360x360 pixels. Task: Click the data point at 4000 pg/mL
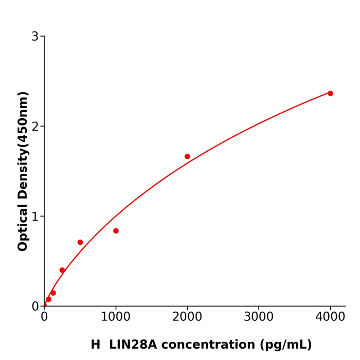(330, 94)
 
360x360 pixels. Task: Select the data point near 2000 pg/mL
(187, 156)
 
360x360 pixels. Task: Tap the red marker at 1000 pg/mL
(116, 231)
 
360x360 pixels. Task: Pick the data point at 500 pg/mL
(80, 242)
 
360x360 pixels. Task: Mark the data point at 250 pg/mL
(62, 270)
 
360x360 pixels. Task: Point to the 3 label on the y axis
(35, 37)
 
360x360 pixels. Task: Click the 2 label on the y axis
(35, 127)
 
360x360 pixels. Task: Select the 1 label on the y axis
(35, 217)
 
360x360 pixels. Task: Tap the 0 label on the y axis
(35, 307)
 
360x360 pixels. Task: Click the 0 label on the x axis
(44, 317)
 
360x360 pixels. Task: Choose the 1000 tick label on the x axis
(116, 317)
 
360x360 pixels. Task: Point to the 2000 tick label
(187, 317)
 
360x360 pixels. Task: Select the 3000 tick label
(259, 317)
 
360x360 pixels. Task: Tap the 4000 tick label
(330, 317)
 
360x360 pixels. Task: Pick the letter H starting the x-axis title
(96, 345)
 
